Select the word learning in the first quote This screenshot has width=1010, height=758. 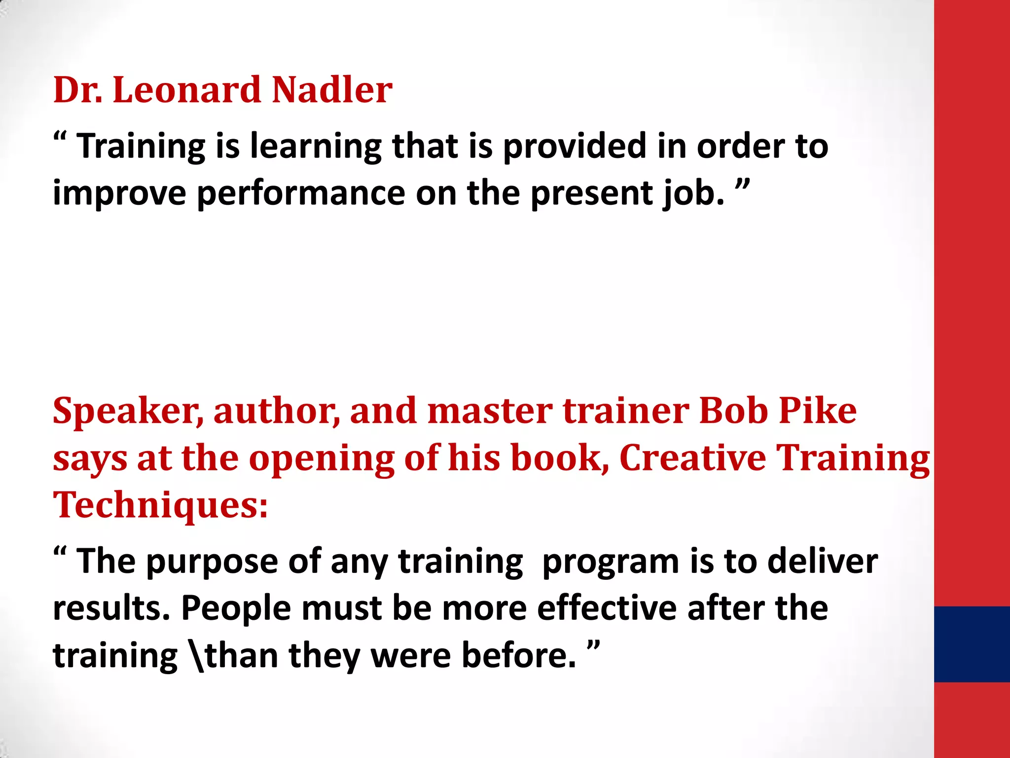point(316,147)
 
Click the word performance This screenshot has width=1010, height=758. point(301,193)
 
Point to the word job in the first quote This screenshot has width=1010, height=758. point(693,193)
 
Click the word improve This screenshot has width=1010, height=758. point(119,193)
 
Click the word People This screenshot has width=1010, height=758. point(236,608)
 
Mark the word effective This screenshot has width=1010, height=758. point(607,607)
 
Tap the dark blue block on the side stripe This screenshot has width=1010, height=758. point(972,644)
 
